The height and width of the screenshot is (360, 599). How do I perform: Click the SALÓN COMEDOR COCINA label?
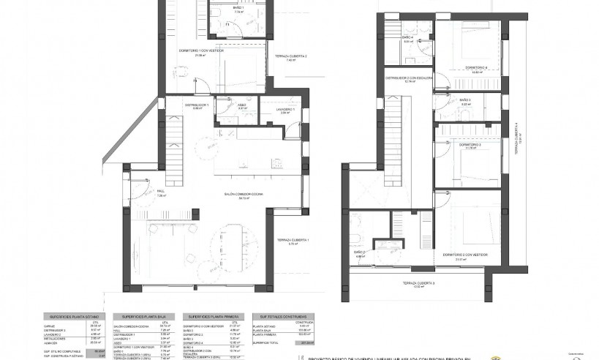pos(243,194)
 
